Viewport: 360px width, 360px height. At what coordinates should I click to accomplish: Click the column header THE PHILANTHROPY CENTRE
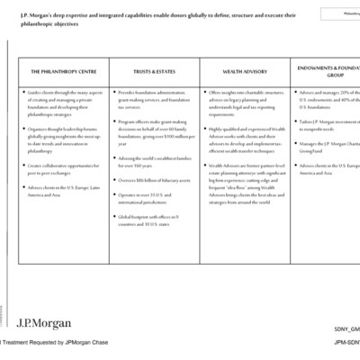[x=64, y=71]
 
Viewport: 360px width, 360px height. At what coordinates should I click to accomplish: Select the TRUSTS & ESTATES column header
[x=154, y=71]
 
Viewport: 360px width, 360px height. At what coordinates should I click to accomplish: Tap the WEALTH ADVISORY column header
[x=244, y=71]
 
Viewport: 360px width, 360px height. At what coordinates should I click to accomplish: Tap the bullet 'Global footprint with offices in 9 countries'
[x=155, y=220]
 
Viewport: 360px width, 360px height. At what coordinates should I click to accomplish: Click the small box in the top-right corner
[x=342, y=13]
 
